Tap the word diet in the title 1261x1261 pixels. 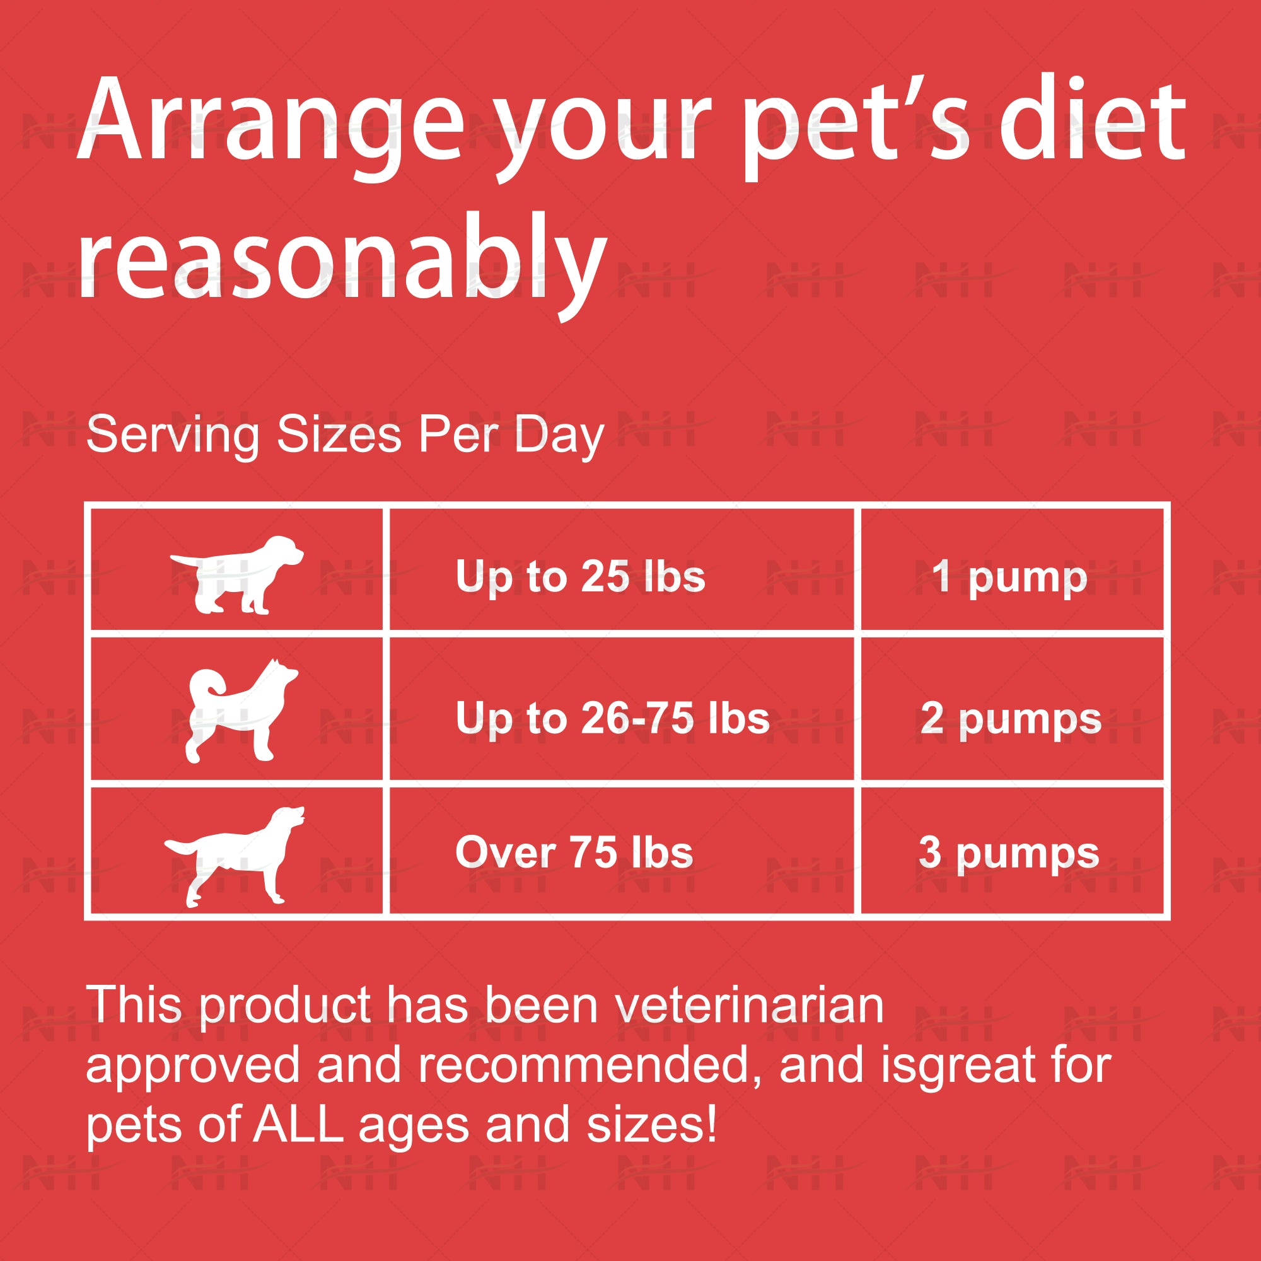click(x=1093, y=117)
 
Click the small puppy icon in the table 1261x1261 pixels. click(x=236, y=575)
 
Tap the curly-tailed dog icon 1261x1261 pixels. click(x=241, y=711)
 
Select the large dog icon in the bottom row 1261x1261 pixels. click(x=235, y=856)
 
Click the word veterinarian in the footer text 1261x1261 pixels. click(x=749, y=1005)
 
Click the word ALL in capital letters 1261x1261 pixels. click(x=298, y=1125)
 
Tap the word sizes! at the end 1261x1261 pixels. click(x=652, y=1125)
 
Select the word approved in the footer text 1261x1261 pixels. click(x=192, y=1068)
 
